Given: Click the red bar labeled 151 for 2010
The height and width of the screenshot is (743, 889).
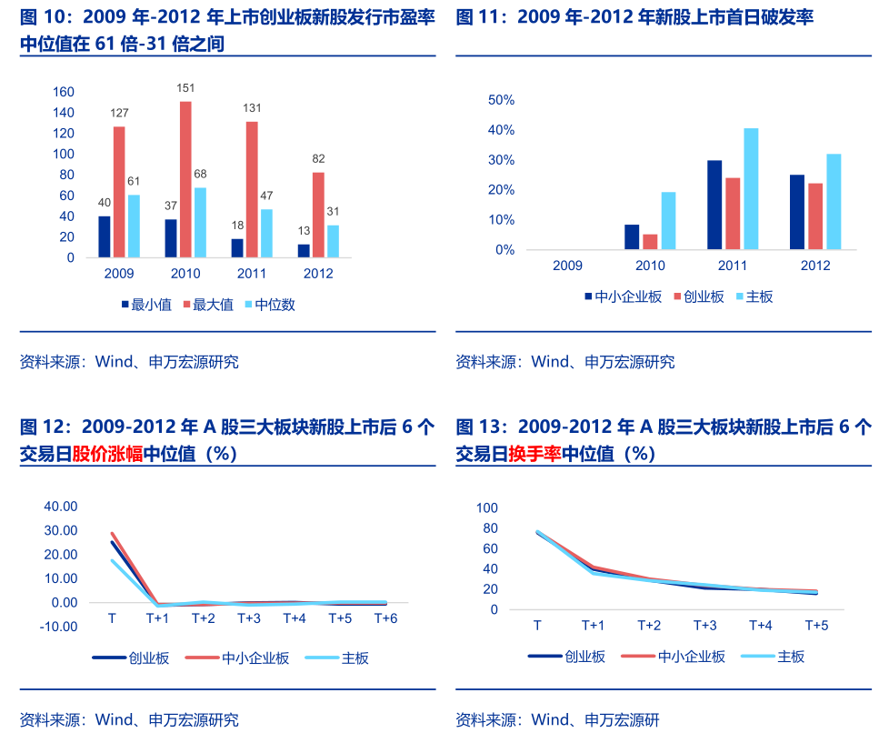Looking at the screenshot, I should click(185, 179).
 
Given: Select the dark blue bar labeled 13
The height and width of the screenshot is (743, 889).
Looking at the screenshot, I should click(304, 251).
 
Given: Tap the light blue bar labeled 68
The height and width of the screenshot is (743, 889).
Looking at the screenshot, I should click(200, 223).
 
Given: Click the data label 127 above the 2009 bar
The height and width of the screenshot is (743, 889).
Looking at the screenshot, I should click(119, 113).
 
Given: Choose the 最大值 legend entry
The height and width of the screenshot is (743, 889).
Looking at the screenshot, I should click(208, 305).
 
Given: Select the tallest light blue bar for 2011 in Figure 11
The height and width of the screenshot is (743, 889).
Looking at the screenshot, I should click(751, 188).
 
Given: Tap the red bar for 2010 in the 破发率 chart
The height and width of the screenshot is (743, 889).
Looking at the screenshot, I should click(650, 242).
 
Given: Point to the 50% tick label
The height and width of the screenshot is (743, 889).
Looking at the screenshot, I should click(501, 99).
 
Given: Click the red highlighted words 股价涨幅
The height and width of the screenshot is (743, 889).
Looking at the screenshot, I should click(108, 454).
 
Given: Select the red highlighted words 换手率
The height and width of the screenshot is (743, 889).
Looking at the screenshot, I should click(535, 454).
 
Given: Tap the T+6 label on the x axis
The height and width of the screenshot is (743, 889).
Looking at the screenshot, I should click(386, 619).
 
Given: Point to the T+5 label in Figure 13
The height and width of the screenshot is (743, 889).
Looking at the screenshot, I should click(817, 626).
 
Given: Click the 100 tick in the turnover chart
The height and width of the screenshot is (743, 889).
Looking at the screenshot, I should click(514, 507).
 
